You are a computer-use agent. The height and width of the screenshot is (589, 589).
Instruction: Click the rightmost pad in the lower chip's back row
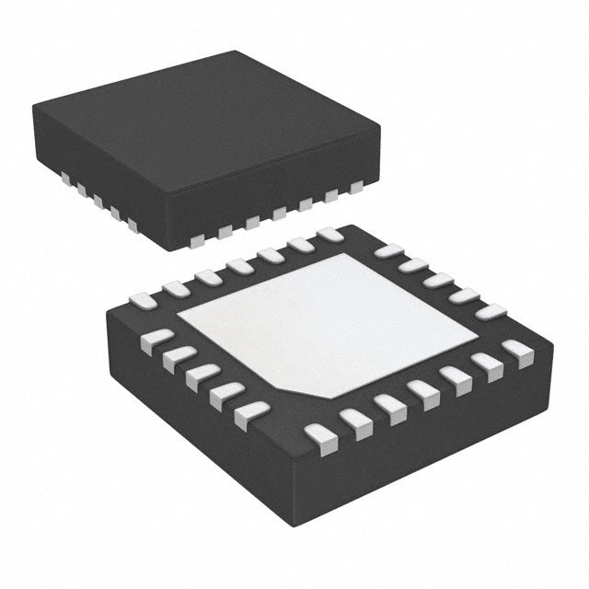click(329, 235)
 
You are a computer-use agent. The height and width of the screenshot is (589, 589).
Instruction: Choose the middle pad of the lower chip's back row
click(240, 266)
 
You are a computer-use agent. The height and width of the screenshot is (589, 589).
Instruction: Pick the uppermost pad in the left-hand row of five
click(157, 341)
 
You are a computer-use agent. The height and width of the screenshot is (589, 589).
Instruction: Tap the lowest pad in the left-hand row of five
click(251, 414)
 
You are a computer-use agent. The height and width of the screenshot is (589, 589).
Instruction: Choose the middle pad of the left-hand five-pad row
click(202, 376)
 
